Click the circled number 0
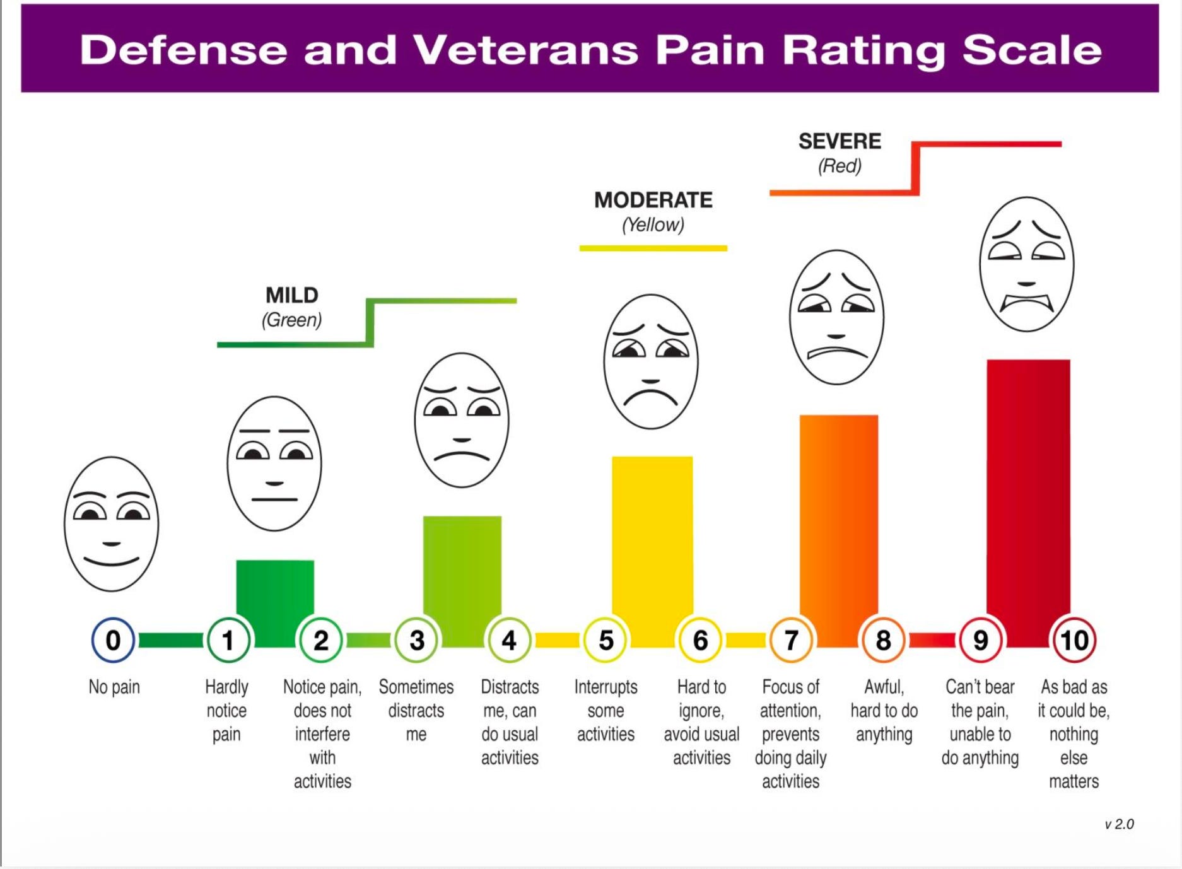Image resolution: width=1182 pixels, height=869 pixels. tap(113, 640)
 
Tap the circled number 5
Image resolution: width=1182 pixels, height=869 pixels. tap(606, 640)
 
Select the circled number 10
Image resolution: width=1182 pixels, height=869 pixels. tap(1074, 640)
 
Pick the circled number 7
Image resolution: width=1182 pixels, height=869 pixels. tap(791, 640)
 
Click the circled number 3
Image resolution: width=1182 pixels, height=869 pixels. tap(416, 640)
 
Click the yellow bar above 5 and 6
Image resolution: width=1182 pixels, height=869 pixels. tap(652, 552)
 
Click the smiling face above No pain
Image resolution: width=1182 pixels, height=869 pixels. tap(112, 524)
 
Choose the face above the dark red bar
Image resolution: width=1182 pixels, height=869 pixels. tap(1027, 264)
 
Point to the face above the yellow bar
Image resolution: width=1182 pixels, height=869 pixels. tap(651, 361)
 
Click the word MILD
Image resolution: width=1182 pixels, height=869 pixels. tap(292, 295)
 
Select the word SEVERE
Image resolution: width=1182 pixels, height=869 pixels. tap(840, 141)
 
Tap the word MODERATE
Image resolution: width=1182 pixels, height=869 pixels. tap(653, 200)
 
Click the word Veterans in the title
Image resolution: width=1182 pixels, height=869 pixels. tap(525, 49)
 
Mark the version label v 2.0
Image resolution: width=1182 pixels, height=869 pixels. tap(1119, 824)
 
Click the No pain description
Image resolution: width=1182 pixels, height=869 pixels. tap(114, 687)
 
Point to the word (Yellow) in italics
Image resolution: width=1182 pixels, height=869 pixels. tap(653, 225)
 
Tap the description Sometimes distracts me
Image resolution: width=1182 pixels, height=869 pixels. tap(416, 710)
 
